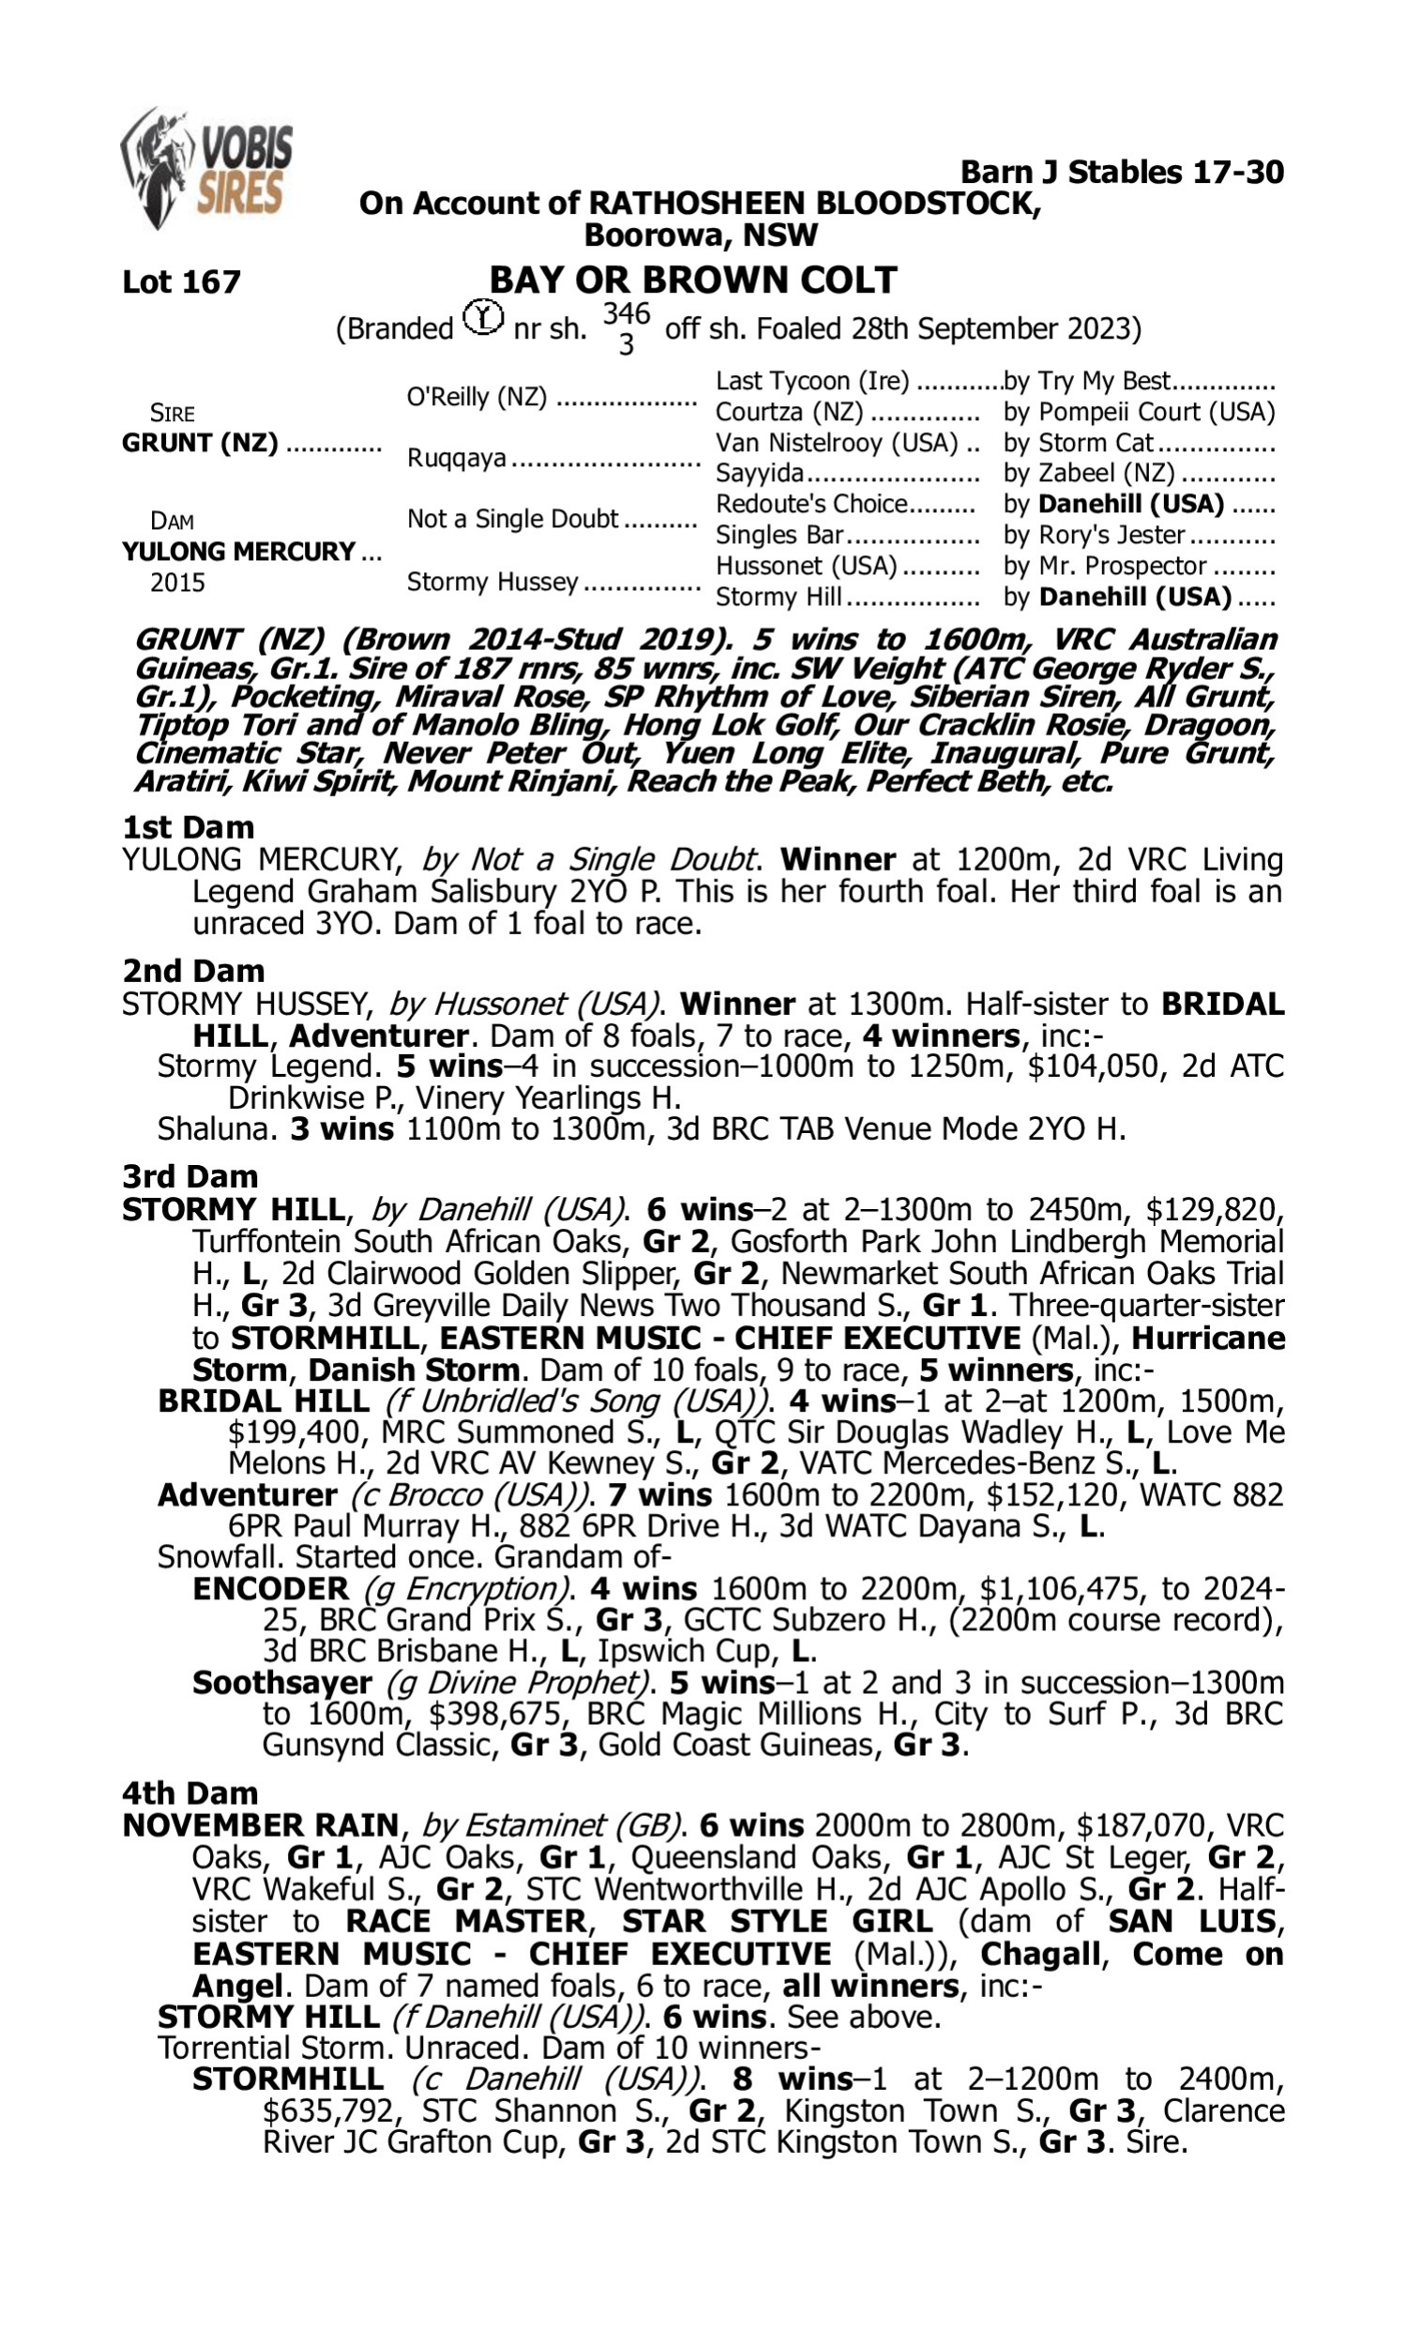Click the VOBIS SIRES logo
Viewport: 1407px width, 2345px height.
tap(206, 168)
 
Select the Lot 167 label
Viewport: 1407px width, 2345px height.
tap(181, 281)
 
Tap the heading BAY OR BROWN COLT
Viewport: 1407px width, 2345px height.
tap(692, 280)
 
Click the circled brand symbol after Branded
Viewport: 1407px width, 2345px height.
tap(483, 318)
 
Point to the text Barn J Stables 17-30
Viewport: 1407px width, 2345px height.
tap(1122, 172)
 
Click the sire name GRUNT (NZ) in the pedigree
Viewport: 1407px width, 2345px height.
tap(200, 443)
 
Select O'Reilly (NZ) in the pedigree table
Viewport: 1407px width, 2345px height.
tap(477, 396)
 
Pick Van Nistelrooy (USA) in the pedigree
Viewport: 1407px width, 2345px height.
tap(838, 443)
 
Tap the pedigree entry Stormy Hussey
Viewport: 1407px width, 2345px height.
tap(492, 581)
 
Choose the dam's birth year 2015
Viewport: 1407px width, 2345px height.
tap(177, 582)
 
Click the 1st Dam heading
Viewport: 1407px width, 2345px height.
tap(188, 826)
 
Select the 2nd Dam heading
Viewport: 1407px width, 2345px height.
tap(192, 971)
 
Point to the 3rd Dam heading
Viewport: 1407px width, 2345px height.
tap(189, 1176)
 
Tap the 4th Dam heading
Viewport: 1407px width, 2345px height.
tap(189, 1793)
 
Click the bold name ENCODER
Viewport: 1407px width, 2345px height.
tap(270, 1589)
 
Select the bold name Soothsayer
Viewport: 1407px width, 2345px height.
tap(281, 1683)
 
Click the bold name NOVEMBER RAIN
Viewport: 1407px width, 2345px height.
tap(261, 1825)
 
